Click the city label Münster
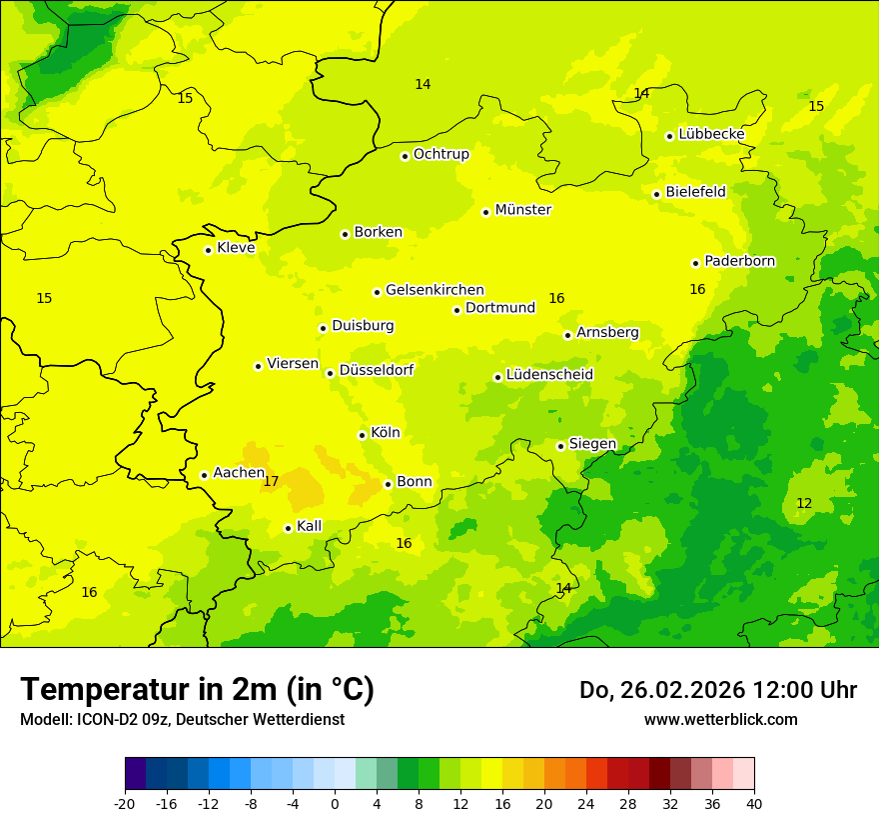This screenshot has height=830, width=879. pyautogui.click(x=522, y=210)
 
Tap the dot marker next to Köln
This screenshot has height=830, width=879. pyautogui.click(x=362, y=435)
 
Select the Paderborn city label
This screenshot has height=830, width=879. pyautogui.click(x=739, y=261)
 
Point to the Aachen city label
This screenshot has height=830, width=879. pyautogui.click(x=239, y=473)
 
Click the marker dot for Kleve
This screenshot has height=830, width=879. pyautogui.click(x=208, y=250)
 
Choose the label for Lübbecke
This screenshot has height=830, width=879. pyautogui.click(x=711, y=134)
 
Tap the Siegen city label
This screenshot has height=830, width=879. pyautogui.click(x=592, y=444)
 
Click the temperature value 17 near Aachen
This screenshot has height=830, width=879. pyautogui.click(x=271, y=482)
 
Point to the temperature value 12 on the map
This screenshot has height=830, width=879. pyautogui.click(x=804, y=503)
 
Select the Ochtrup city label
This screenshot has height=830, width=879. pyautogui.click(x=440, y=154)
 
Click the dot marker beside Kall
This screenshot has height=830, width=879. pyautogui.click(x=288, y=528)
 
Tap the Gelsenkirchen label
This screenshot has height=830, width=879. pyautogui.click(x=435, y=290)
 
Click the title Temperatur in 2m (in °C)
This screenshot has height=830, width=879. pyautogui.click(x=197, y=689)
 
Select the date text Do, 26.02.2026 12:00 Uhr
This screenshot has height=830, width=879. pyautogui.click(x=717, y=690)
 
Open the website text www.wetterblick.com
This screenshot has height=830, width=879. pyautogui.click(x=720, y=719)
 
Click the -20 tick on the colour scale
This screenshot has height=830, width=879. pyautogui.click(x=125, y=803)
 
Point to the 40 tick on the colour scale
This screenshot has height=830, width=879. pyautogui.click(x=754, y=803)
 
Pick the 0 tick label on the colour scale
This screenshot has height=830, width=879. pyautogui.click(x=335, y=803)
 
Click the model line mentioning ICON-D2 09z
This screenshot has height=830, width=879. pyautogui.click(x=182, y=719)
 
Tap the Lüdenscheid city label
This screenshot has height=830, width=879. pyautogui.click(x=549, y=375)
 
